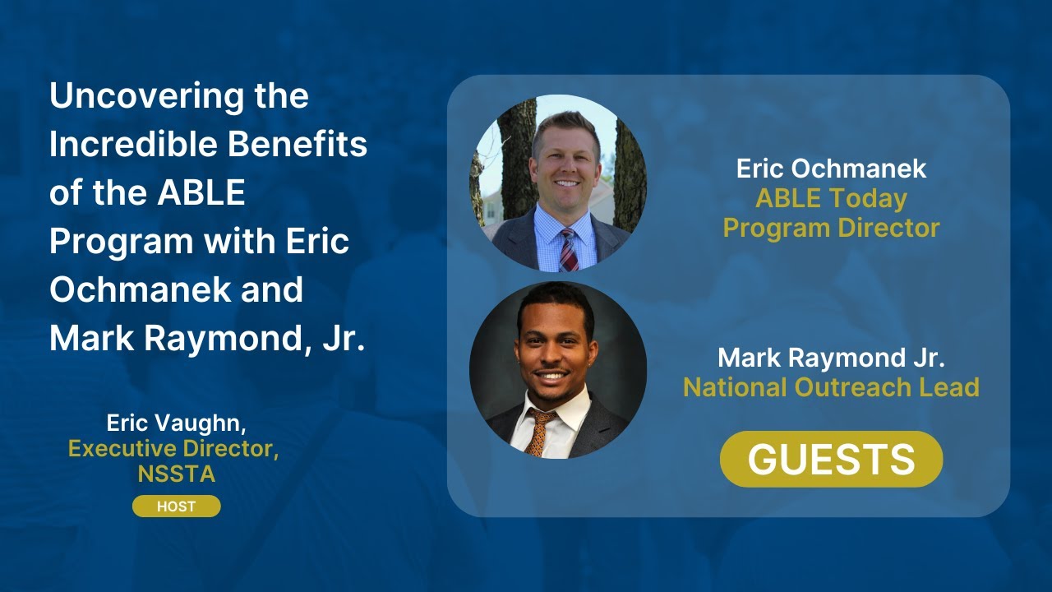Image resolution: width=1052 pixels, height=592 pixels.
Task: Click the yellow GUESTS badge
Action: (831, 459)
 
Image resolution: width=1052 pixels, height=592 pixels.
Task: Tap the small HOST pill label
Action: (176, 506)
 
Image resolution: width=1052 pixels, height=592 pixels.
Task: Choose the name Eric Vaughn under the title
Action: (176, 423)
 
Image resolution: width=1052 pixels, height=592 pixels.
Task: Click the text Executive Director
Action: (173, 449)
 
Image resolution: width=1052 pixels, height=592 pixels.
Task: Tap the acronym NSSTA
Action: (176, 474)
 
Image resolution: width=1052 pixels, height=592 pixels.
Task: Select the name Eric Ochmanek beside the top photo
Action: (831, 169)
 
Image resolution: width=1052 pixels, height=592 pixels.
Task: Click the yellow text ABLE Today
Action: (831, 198)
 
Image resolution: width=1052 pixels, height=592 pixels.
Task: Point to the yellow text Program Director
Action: (831, 228)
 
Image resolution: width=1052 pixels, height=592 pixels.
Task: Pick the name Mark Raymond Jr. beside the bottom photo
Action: (831, 358)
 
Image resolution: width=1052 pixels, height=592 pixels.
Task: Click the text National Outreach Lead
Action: (831, 386)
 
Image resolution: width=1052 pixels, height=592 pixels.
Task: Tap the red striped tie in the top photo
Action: (568, 250)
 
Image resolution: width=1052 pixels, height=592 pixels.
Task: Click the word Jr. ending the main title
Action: (344, 339)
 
